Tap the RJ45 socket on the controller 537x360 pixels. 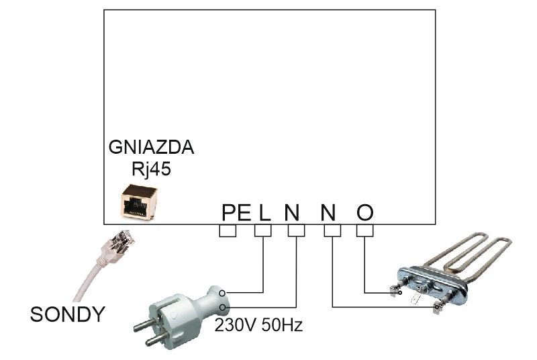(x=139, y=201)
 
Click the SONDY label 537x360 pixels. (x=68, y=313)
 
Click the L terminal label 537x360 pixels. (x=263, y=213)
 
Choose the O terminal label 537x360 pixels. (x=364, y=213)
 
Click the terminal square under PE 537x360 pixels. (x=228, y=230)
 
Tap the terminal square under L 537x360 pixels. (x=263, y=230)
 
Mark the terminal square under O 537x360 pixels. (x=364, y=230)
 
